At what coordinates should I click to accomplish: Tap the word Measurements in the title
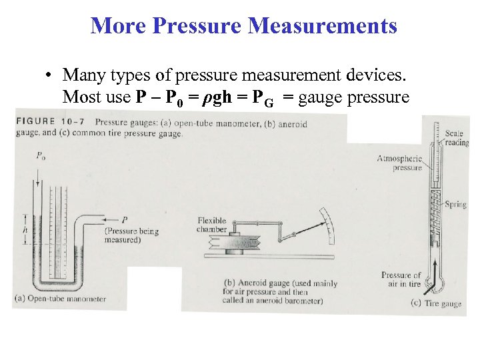click(323, 25)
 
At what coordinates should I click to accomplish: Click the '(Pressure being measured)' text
click(131, 235)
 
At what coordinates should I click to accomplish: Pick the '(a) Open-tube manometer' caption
click(59, 299)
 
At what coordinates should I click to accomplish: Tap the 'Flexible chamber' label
click(212, 225)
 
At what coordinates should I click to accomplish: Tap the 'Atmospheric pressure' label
click(399, 163)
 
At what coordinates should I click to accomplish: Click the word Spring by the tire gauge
click(456, 205)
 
